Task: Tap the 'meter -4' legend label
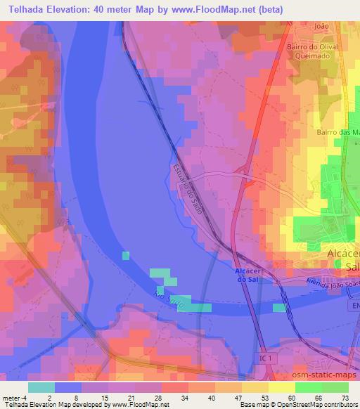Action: [15, 397]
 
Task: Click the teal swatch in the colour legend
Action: [41, 387]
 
